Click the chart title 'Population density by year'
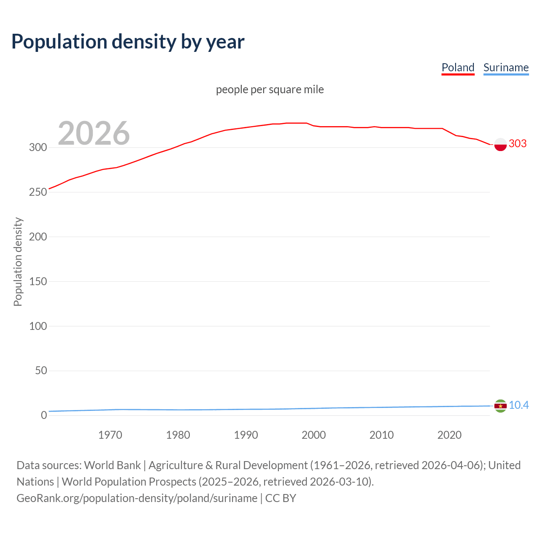[128, 42]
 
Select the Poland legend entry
[458, 67]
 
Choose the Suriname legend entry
[506, 67]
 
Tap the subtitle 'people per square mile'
[270, 89]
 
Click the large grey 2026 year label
[94, 133]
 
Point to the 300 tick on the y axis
[38, 147]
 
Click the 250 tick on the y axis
[38, 192]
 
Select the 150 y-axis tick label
[38, 281]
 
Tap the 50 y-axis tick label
[40, 371]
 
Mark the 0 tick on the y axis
[44, 415]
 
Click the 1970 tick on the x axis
[110, 435]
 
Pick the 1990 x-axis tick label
[246, 435]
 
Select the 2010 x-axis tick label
[381, 435]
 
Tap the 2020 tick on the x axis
[449, 435]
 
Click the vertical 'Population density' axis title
[18, 262]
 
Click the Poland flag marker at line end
[500, 144]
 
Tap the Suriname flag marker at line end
[500, 406]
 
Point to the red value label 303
[518, 143]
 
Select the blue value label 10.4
[518, 405]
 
